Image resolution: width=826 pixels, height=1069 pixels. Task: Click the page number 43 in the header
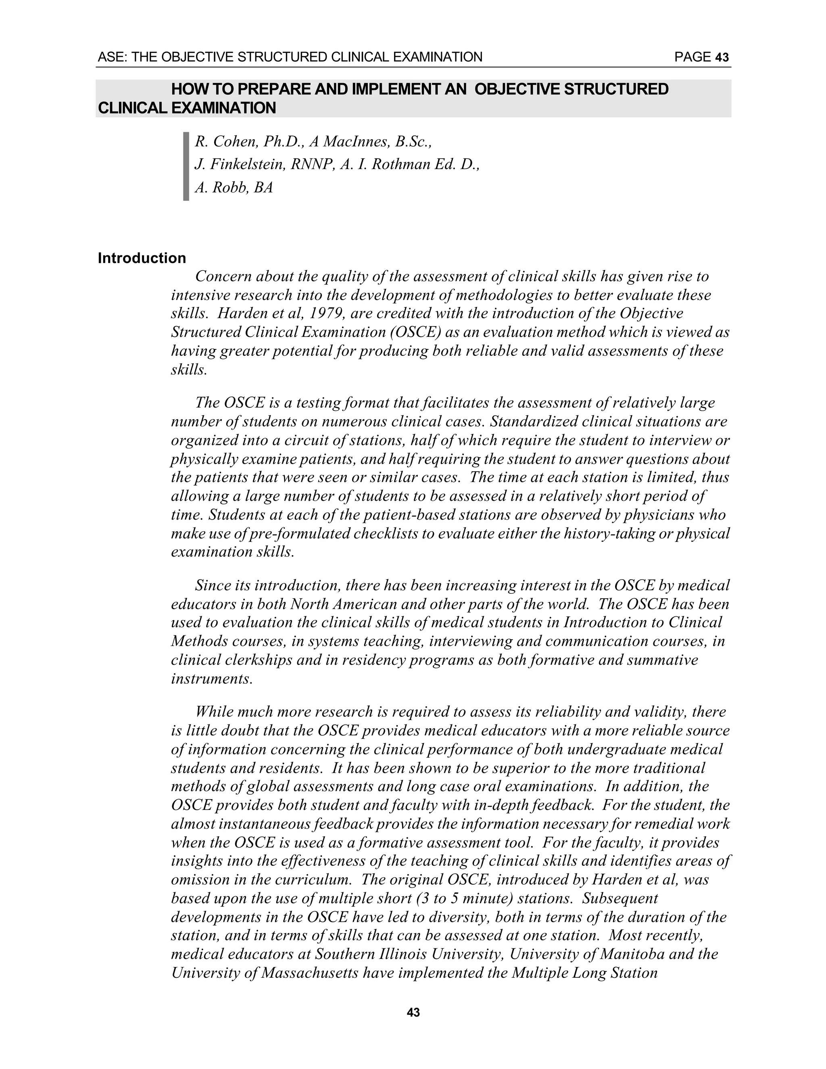tap(722, 58)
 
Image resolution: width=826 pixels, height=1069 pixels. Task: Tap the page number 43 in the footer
tap(413, 1013)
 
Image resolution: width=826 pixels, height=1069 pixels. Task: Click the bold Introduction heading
tap(142, 259)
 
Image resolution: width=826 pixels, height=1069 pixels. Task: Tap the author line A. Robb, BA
tap(234, 188)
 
